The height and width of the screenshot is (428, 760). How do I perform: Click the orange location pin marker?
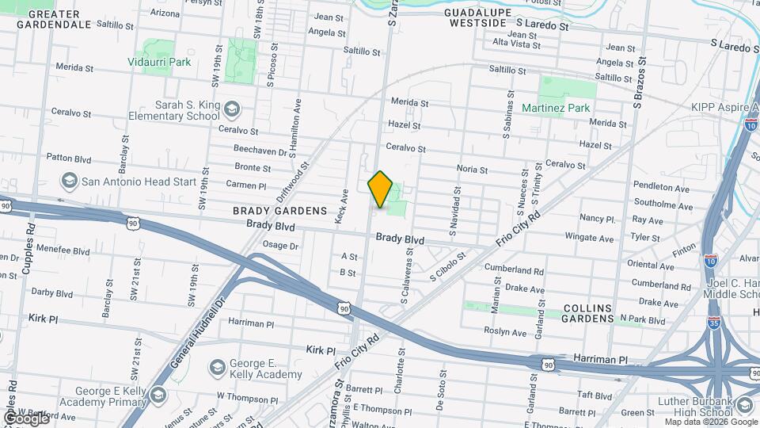381,189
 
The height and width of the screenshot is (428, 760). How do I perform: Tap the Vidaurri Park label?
160,61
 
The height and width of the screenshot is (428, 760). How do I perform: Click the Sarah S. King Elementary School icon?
232,109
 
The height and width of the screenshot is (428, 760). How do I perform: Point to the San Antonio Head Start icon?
69,182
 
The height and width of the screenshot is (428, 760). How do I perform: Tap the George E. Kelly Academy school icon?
217,367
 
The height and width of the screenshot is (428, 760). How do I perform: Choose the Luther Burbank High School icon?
744,406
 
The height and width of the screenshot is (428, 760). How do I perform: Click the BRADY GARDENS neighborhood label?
279,211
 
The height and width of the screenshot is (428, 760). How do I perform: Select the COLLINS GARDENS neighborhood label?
588,313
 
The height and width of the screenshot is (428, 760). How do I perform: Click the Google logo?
26,418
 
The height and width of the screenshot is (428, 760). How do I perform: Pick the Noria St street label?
472,169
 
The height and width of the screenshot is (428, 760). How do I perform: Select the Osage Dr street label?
280,246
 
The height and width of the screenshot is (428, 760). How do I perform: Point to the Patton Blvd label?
70,157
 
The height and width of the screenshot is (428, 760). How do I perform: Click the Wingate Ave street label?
589,238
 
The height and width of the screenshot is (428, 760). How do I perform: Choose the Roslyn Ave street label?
507,333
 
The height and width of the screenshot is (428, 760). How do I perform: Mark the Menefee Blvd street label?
64,251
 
